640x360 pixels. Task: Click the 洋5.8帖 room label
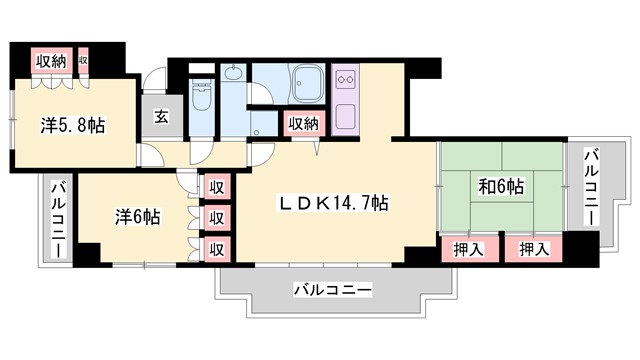coord(73,126)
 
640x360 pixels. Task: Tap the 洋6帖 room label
coord(136,215)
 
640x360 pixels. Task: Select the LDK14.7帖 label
coord(333,204)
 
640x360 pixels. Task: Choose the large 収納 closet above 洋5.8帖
coord(52,61)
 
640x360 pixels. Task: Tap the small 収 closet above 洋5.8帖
coord(84,61)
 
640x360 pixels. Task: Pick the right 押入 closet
coord(533,248)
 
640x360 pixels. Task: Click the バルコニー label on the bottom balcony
coord(333,290)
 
